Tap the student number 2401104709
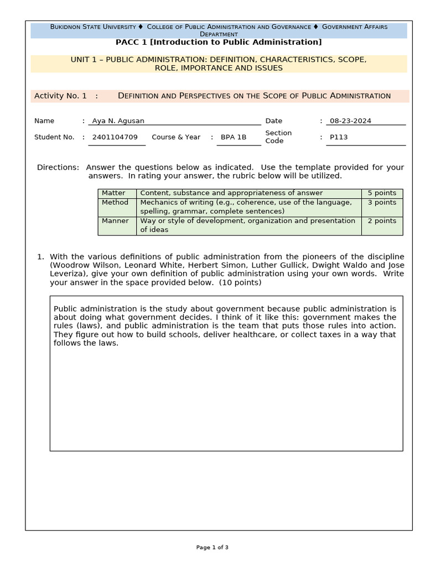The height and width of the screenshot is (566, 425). point(115,137)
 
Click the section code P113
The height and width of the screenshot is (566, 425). point(339,137)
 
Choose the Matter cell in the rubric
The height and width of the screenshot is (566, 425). point(113,193)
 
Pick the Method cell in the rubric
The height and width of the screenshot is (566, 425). point(115,202)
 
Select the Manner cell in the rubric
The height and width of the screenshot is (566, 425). point(115,221)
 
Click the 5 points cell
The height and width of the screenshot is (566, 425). point(382,193)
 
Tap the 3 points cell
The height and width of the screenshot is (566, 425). point(382,202)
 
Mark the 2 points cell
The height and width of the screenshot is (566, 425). point(382,221)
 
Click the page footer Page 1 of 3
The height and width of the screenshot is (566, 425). point(212,547)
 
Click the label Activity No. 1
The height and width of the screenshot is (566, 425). point(60,96)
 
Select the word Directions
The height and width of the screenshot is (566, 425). point(58,167)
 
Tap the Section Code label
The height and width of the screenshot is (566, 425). point(278,137)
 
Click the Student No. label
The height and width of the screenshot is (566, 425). point(54,137)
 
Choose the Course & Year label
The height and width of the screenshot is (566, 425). point(176,137)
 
